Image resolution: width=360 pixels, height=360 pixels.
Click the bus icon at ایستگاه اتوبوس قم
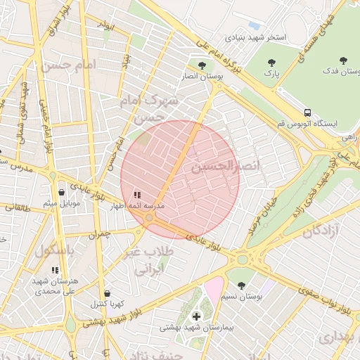[307, 112]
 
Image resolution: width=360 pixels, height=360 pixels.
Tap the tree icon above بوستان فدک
[343, 61]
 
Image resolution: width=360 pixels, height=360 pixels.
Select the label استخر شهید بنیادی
[255, 37]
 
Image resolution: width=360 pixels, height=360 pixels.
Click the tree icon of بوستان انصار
[202, 65]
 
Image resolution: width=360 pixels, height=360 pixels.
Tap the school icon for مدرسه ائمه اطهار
[136, 194]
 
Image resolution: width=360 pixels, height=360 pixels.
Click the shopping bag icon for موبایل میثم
[61, 192]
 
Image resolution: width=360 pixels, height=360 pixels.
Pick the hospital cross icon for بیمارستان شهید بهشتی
[195, 316]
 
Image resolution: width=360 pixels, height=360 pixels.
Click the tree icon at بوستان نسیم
[242, 285]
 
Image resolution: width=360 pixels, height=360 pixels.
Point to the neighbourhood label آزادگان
[323, 231]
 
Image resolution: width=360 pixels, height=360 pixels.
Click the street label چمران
[101, 234]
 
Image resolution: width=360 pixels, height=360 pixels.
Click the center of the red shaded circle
[180, 179]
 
